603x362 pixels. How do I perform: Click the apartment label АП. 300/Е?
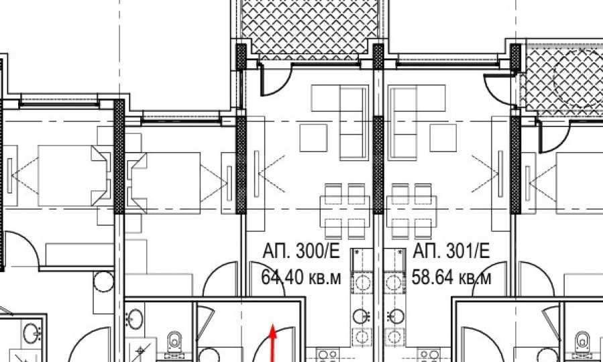click(301, 251)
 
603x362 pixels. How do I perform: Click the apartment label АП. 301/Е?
click(451, 251)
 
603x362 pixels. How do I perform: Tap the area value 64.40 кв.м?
click(300, 277)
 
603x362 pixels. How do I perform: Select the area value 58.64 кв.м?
click(451, 277)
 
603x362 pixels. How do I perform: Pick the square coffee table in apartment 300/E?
click(313, 137)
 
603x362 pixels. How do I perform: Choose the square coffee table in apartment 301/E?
click(443, 137)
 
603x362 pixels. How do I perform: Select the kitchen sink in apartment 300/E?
click(362, 316)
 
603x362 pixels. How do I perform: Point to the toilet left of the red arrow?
click(174, 342)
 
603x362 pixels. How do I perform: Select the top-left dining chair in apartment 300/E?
click(333, 191)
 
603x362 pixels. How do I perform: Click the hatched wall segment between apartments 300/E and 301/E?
click(378, 164)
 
